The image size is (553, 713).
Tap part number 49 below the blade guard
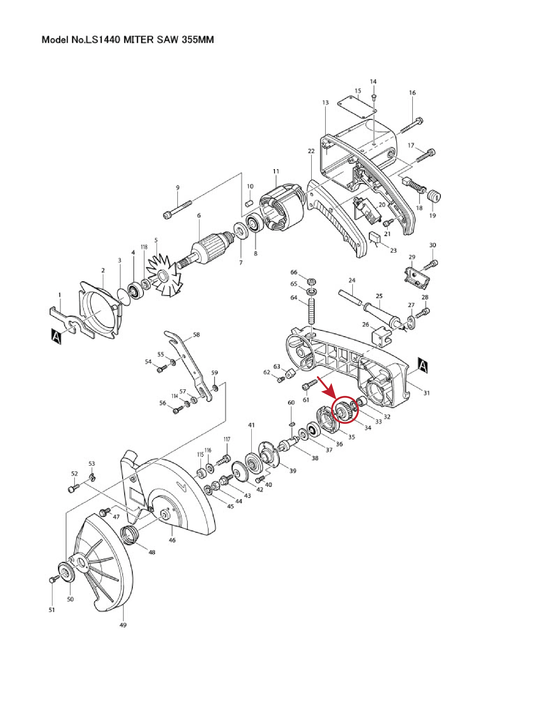pyautogui.click(x=123, y=625)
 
